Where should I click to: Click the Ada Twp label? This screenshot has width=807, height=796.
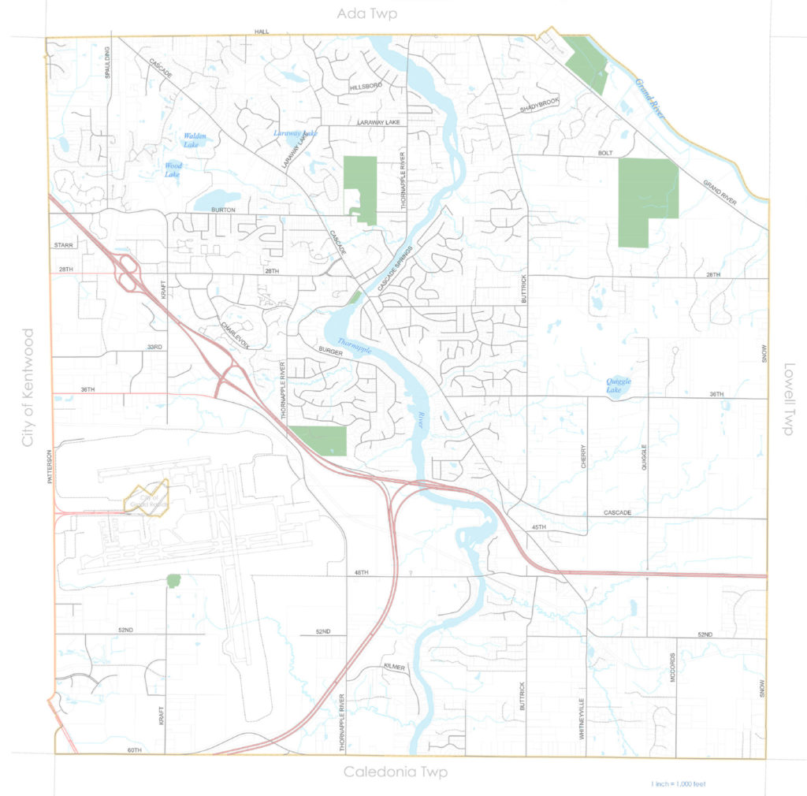366,14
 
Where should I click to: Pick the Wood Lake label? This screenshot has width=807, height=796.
173,169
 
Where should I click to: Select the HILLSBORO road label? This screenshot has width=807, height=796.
366,85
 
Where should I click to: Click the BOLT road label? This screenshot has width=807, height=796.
605,153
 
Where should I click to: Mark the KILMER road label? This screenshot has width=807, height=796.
393,667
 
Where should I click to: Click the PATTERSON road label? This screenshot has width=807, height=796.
49,467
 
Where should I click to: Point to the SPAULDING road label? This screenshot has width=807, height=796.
109,62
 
